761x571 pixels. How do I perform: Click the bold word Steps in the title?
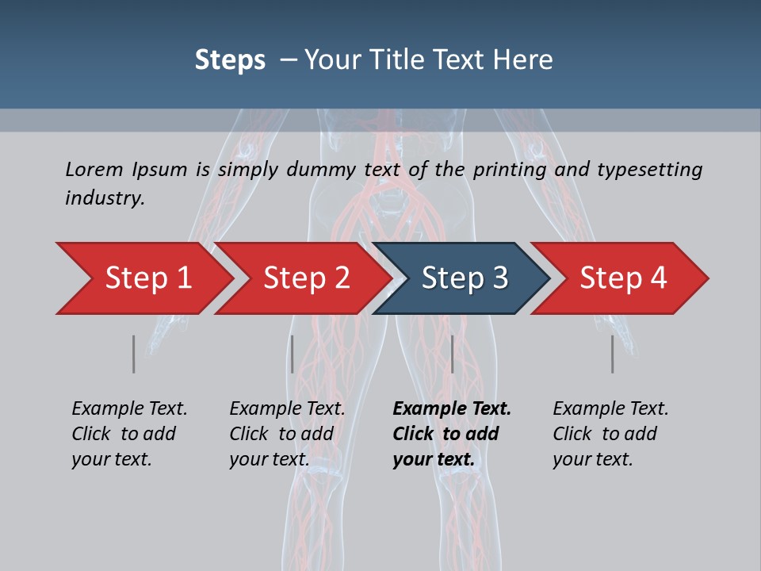point(230,59)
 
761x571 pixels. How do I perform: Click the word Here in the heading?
point(522,59)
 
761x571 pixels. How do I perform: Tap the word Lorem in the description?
point(94,169)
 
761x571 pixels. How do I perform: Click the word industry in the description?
point(104,197)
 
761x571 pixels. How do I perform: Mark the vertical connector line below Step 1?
point(134,354)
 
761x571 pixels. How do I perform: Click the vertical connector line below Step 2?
point(293,354)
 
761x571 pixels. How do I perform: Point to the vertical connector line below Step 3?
point(452,354)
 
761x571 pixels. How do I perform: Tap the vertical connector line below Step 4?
point(612,354)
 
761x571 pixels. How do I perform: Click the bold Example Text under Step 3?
point(452,409)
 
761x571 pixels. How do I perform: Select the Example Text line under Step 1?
point(129,409)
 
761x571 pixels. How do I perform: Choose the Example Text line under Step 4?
point(610,409)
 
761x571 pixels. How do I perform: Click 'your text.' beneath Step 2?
point(270,459)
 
